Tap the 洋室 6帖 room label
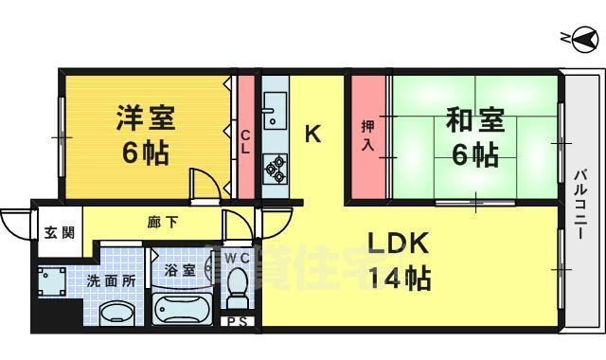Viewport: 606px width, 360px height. tap(144, 135)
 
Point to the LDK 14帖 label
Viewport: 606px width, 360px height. tap(398, 261)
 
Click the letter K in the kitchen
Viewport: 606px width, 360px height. tap(312, 135)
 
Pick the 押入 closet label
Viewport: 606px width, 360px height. tap(369, 135)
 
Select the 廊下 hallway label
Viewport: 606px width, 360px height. tap(161, 224)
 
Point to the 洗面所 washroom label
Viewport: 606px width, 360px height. tap(111, 280)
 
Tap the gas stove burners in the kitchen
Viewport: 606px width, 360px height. tap(275, 167)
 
